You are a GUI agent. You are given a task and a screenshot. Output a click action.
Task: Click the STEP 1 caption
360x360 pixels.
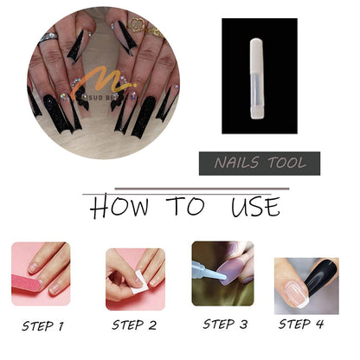[x=43, y=327]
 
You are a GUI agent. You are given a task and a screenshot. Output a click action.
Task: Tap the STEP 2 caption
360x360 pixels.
[x=134, y=326]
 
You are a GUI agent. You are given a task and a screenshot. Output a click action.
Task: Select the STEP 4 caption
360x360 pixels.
[x=303, y=325]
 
